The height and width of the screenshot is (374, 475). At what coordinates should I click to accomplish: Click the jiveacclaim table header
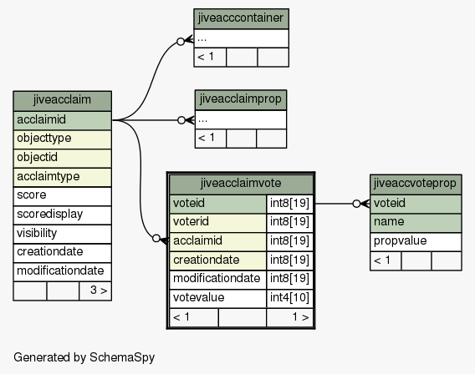62,101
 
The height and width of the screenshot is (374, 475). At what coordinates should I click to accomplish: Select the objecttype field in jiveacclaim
62,139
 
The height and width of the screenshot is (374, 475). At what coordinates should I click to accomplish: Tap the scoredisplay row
62,215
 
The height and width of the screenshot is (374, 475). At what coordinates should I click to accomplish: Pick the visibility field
62,234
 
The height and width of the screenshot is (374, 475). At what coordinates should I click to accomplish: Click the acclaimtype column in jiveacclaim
62,177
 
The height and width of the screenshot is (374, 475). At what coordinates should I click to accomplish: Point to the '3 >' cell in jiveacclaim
95,291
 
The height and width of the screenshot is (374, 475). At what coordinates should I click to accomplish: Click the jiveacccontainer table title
241,18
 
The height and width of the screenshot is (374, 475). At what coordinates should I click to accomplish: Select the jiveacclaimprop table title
241,100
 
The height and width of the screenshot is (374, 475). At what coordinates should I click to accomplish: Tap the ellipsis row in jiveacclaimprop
241,119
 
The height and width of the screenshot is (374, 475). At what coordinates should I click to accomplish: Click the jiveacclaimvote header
241,184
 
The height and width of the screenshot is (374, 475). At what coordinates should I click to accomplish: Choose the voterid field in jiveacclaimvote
217,223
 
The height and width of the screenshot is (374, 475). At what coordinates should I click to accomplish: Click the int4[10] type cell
289,298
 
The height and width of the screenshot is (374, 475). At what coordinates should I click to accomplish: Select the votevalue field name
217,298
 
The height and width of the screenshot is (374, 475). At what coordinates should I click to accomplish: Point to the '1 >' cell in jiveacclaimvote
289,317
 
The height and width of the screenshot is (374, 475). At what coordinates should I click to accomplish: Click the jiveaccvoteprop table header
416,184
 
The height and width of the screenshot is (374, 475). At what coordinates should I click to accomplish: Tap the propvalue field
416,242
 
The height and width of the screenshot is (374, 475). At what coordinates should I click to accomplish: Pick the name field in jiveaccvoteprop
416,223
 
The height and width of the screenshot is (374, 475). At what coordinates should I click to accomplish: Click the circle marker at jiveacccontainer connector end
181,42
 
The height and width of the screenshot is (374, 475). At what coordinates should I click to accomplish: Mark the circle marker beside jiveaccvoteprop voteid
356,204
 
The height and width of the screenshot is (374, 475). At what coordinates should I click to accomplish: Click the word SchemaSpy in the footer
122,357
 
